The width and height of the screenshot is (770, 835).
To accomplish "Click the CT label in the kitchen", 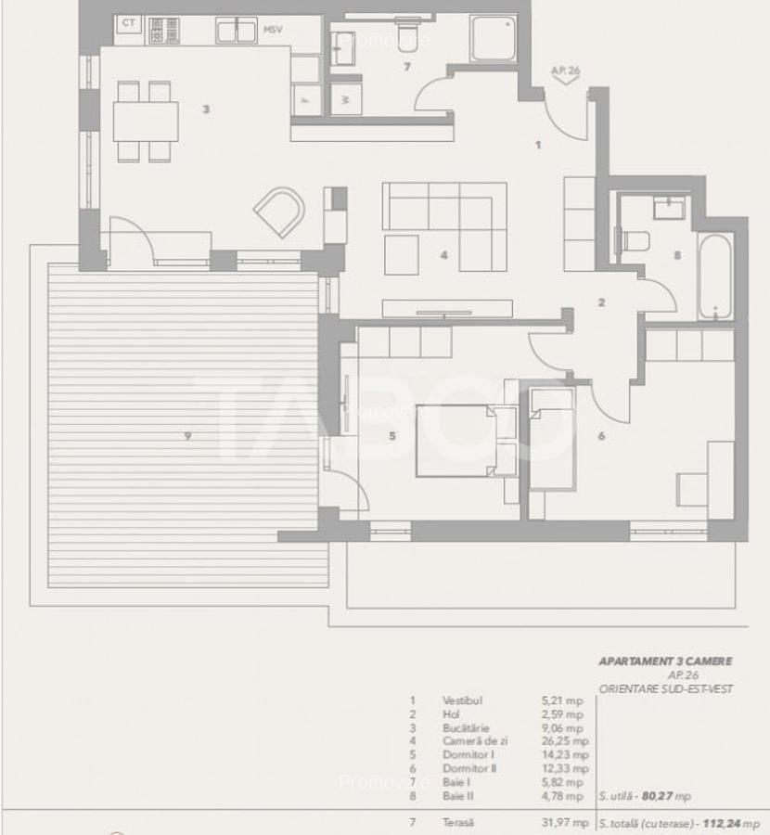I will tap(129, 22).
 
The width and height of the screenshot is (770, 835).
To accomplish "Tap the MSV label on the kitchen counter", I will tap(273, 30).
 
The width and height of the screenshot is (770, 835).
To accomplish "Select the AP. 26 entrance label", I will tap(565, 70).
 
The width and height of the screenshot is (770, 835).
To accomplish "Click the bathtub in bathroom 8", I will tap(715, 276).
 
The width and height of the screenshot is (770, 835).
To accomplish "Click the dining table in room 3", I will tap(146, 122).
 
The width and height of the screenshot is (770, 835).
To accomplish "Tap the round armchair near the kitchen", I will tap(279, 212).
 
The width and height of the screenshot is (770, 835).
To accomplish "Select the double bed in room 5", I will tap(460, 441).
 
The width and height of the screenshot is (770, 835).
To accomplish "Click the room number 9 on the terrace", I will tap(187, 436).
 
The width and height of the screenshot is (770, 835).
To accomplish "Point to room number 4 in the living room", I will tap(444, 254).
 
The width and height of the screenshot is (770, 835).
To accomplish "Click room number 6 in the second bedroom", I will tap(601, 435).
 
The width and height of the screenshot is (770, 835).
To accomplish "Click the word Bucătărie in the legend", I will tap(466, 728).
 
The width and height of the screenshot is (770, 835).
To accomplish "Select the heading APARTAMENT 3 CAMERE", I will tap(665, 662).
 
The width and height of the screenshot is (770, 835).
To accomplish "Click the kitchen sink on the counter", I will tap(237, 31).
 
